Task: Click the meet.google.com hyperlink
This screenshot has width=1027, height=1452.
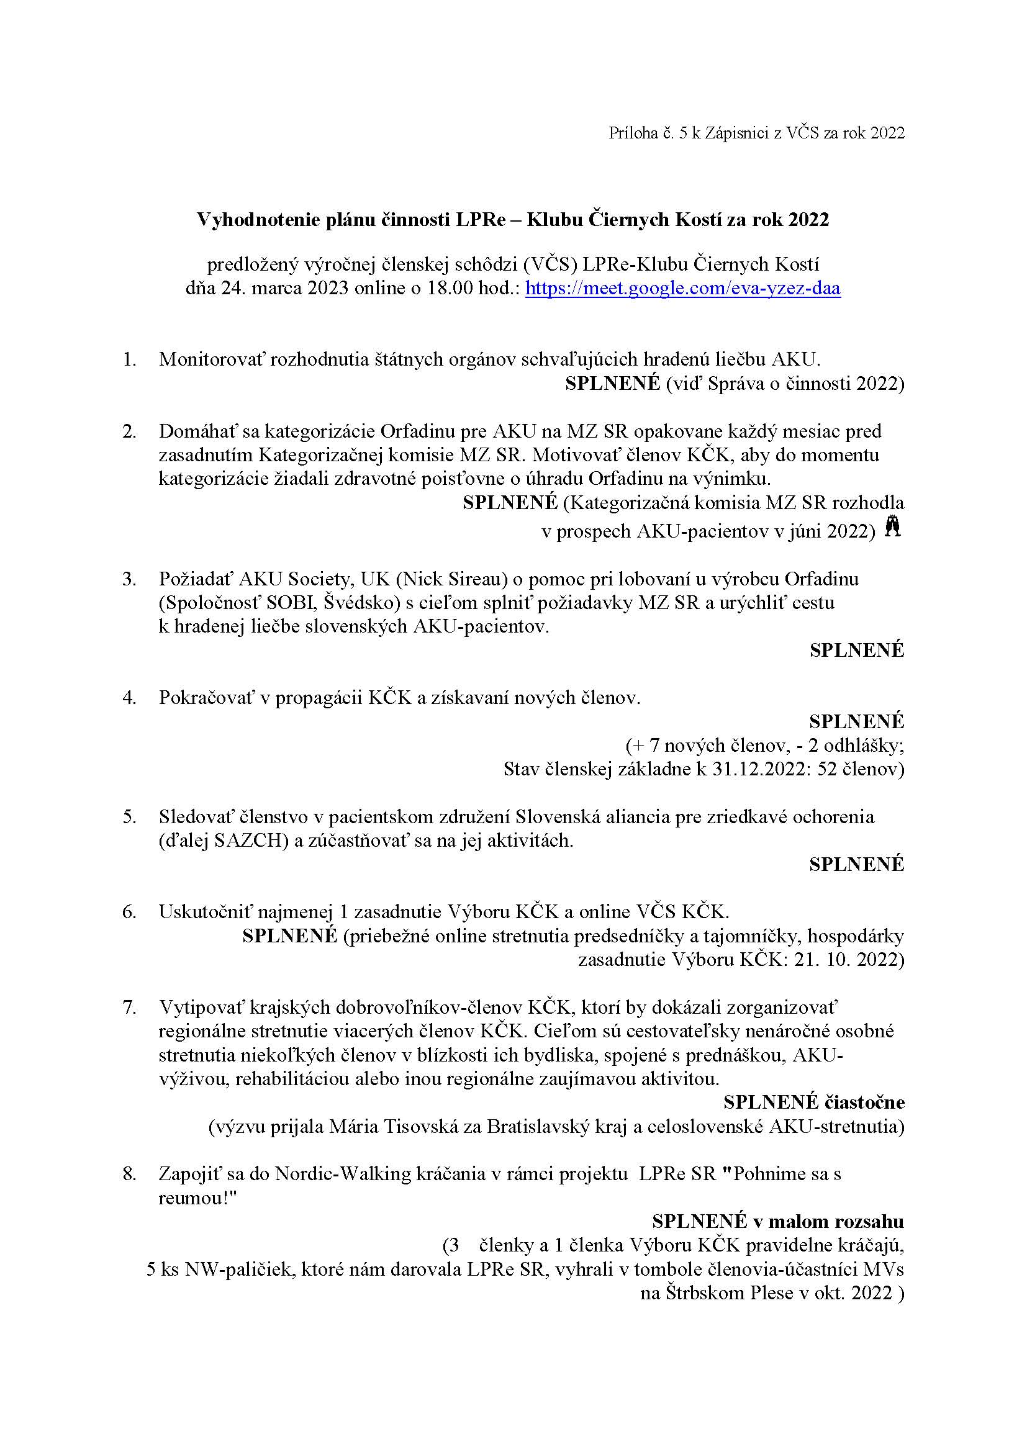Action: coord(683,289)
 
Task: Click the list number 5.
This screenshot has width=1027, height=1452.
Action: coord(130,816)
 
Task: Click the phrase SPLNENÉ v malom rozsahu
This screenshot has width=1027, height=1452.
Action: coord(778,1221)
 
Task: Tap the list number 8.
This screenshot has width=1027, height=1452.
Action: coord(130,1174)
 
